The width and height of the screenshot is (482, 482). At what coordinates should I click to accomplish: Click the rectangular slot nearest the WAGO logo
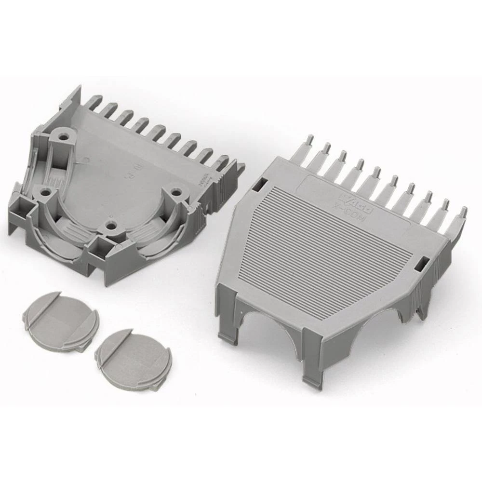(x=260, y=183)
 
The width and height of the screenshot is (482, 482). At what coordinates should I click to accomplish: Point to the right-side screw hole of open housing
(x=177, y=193)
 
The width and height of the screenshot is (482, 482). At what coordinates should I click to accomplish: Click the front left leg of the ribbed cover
(x=225, y=313)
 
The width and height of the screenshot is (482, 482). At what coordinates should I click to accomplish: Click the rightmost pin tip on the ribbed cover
(x=463, y=211)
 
